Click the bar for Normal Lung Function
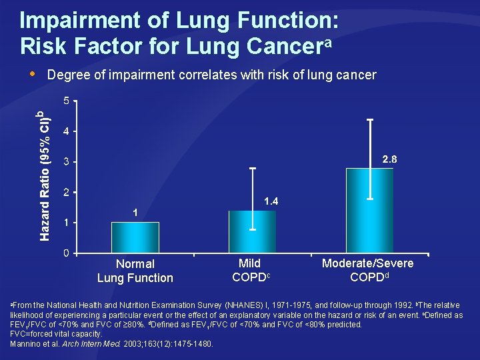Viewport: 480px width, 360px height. tap(135, 237)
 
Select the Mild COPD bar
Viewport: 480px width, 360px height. tap(252, 231)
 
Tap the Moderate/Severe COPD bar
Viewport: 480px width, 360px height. tap(369, 210)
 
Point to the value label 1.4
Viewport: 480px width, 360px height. tap(272, 201)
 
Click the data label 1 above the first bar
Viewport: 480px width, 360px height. tap(135, 213)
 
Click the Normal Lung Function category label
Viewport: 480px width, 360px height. tap(135, 271)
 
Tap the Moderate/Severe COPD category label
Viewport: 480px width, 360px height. tap(367, 270)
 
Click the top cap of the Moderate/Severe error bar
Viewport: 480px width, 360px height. tap(370, 120)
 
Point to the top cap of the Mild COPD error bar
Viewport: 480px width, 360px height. tap(253, 169)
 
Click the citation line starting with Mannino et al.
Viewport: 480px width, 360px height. tap(112, 343)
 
